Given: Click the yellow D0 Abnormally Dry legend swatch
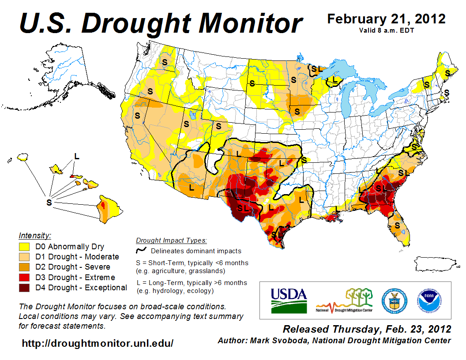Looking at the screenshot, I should click(x=24, y=247).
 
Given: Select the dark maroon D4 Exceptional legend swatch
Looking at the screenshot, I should click(x=24, y=288).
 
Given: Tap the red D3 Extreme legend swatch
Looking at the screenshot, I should click(x=24, y=277).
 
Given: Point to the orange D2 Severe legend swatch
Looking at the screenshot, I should click(x=24, y=267).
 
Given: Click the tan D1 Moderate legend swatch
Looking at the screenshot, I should click(x=24, y=257).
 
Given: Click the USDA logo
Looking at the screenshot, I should click(x=288, y=300).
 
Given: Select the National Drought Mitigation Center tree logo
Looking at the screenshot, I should click(x=345, y=300).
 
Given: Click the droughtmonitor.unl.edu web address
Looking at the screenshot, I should click(x=98, y=343).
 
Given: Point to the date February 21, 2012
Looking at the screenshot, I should click(x=386, y=19).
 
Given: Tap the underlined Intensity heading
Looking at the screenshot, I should click(x=35, y=236).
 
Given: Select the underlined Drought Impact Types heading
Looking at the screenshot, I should click(x=171, y=240).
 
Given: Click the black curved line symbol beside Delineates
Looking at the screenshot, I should click(x=141, y=251).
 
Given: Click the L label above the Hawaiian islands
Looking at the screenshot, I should click(x=77, y=156).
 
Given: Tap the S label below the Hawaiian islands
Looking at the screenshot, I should click(x=49, y=202).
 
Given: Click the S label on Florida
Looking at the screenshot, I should click(x=398, y=225).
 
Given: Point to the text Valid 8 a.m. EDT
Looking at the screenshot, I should click(x=386, y=30).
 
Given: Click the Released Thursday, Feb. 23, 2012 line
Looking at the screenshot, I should click(x=367, y=329).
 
